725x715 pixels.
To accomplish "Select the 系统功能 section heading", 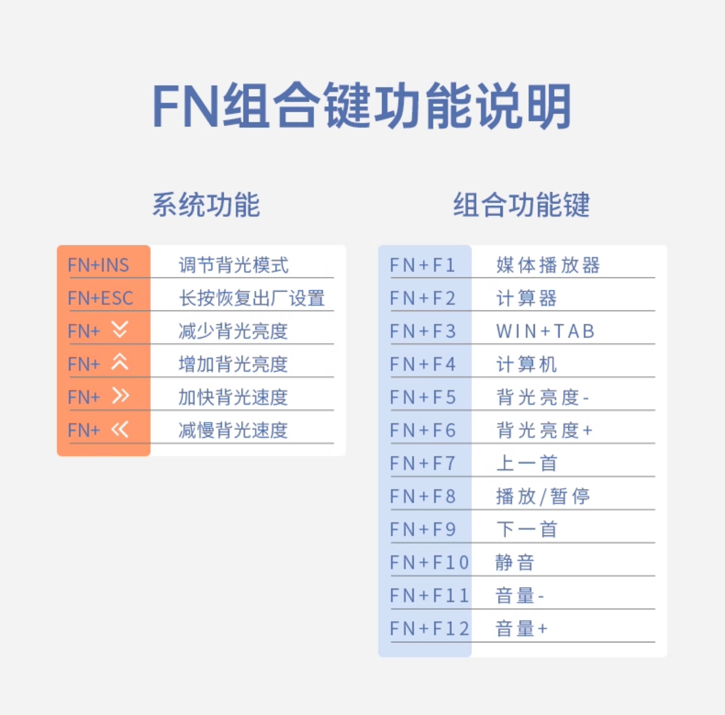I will pyautogui.click(x=206, y=205).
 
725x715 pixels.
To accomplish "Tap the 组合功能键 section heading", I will pyautogui.click(x=521, y=205).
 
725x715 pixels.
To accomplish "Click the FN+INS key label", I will pyautogui.click(x=98, y=265).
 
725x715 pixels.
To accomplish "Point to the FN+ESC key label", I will pyautogui.click(x=100, y=298).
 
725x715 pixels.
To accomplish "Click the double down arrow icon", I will pyautogui.click(x=120, y=330).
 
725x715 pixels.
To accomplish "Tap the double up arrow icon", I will pyautogui.click(x=120, y=362).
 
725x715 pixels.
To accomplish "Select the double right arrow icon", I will pyautogui.click(x=120, y=396).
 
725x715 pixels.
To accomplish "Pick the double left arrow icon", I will pyautogui.click(x=120, y=429).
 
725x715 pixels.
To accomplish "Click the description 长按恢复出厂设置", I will pyautogui.click(x=252, y=298).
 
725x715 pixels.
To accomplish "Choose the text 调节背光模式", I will pyautogui.click(x=233, y=265).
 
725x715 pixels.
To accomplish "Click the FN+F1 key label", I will pyautogui.click(x=423, y=265).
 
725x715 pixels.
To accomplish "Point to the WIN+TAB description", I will pyautogui.click(x=546, y=331).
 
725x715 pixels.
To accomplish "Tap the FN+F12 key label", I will pyautogui.click(x=430, y=629).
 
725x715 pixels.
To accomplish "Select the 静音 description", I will pyautogui.click(x=515, y=563).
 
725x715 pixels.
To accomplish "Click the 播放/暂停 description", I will pyautogui.click(x=543, y=496).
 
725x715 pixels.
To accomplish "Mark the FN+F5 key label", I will pyautogui.click(x=423, y=397).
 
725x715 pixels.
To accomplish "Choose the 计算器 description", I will pyautogui.click(x=527, y=298).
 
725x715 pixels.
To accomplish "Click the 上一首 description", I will pyautogui.click(x=527, y=463).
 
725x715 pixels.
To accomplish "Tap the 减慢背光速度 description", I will pyautogui.click(x=233, y=430).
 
